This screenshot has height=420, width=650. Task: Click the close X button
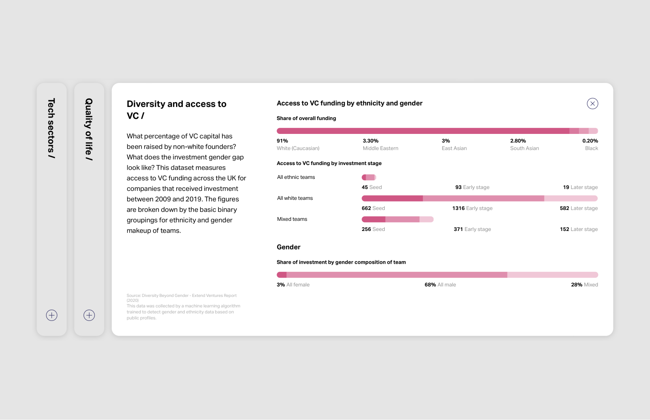pos(592,103)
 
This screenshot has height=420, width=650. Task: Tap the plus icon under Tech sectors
pos(52,315)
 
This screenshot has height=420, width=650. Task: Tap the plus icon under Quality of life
pos(89,315)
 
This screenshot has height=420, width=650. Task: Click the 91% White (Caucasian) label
pos(298,144)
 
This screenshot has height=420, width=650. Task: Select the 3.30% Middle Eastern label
pos(380,144)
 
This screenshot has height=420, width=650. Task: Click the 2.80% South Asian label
pos(524,144)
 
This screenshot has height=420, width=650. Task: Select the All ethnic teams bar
pos(369,177)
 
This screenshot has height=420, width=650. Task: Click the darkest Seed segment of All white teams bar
pos(392,198)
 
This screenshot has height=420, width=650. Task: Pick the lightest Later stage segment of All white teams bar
pos(570,198)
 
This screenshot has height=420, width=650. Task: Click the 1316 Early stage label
pos(472,208)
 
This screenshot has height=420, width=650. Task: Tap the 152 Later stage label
pos(578,229)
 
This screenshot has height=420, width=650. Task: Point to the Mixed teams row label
pos(292,219)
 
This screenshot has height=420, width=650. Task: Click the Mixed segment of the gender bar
pos(552,275)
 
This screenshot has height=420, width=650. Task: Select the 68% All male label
pos(440,285)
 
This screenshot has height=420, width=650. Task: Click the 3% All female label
pos(293,285)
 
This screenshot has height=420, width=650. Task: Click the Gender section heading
pos(288,247)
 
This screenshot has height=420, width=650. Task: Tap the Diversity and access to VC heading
pos(176,110)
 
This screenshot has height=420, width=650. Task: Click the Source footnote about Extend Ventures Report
pos(181,298)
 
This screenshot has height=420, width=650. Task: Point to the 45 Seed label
pos(371,187)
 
